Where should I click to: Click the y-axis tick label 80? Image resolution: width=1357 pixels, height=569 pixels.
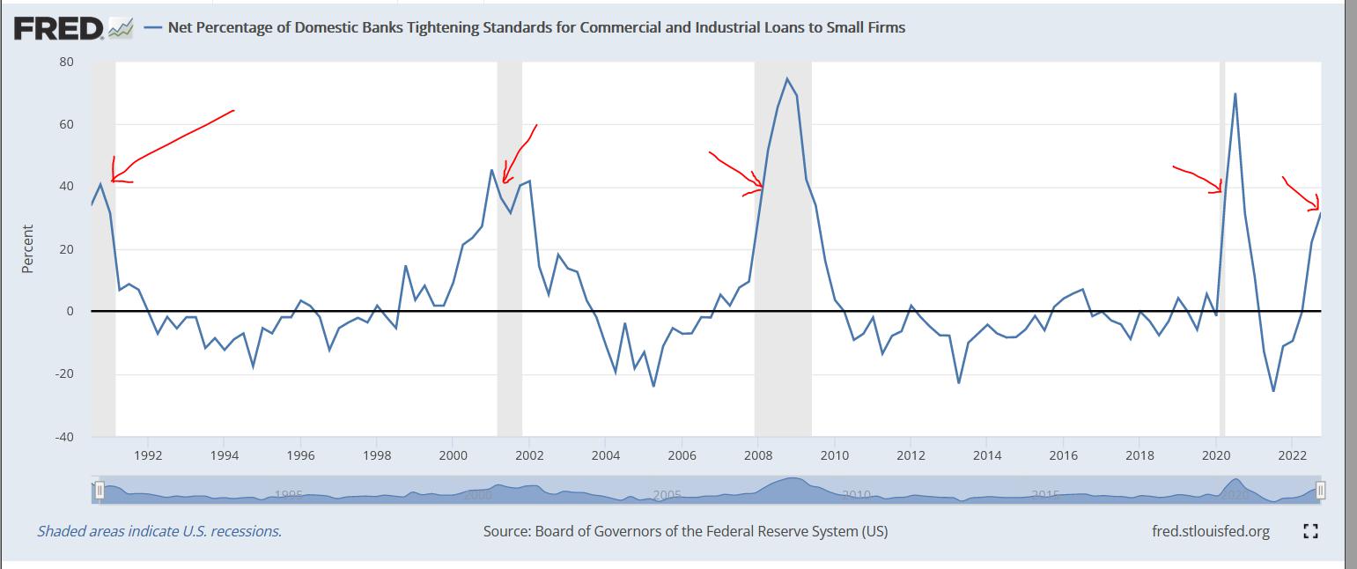pyautogui.click(x=67, y=62)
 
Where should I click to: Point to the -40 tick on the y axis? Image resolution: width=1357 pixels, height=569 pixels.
pyautogui.click(x=65, y=437)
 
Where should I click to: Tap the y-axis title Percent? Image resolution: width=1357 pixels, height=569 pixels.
pyautogui.click(x=27, y=249)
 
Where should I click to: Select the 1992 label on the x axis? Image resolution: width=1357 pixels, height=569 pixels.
pyautogui.click(x=148, y=455)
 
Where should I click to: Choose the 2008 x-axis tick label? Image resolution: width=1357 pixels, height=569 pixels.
pyautogui.click(x=758, y=455)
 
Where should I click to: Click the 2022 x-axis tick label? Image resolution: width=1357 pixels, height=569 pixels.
pyautogui.click(x=1292, y=455)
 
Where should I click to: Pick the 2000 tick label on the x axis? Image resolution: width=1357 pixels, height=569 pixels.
pyautogui.click(x=453, y=455)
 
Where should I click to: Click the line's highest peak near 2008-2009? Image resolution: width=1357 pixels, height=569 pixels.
pyautogui.click(x=786, y=78)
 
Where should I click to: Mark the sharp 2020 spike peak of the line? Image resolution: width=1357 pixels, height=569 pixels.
pyautogui.click(x=1235, y=93)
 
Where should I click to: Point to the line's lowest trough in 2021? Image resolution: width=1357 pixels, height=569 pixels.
pyautogui.click(x=1273, y=391)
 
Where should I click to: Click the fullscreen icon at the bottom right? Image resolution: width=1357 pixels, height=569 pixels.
pyautogui.click(x=1310, y=531)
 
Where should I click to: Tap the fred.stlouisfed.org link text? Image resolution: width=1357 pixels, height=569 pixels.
pyautogui.click(x=1210, y=531)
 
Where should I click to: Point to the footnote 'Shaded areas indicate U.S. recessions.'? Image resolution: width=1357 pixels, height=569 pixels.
pyautogui.click(x=159, y=531)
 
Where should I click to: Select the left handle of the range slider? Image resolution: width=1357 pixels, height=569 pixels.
pyautogui.click(x=100, y=490)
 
